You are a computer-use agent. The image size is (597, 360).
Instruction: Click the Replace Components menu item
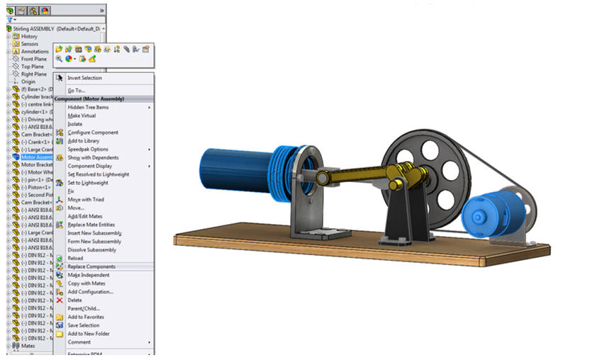91,266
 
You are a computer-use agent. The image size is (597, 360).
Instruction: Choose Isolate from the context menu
74,124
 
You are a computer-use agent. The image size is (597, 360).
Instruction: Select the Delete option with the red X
74,300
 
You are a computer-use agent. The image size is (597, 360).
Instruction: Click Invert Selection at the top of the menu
84,78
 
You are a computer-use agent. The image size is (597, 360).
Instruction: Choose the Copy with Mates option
87,283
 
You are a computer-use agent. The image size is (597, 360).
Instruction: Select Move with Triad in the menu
85,199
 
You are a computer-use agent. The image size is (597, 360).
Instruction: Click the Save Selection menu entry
83,325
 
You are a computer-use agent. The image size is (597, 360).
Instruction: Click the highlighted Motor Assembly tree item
35,157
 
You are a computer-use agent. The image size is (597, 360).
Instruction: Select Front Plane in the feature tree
33,59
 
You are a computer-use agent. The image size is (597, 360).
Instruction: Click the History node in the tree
29,36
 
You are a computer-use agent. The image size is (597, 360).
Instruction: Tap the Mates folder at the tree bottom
28,345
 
